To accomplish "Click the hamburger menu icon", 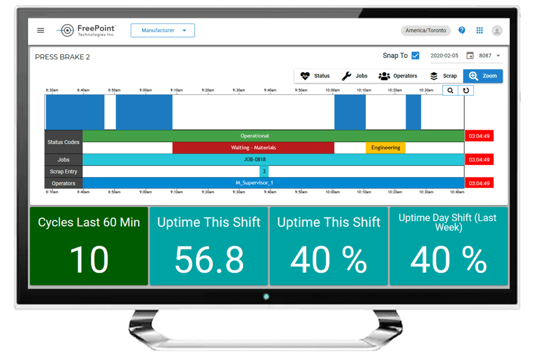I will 41,31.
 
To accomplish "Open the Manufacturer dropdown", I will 163,31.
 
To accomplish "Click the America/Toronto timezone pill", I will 426,31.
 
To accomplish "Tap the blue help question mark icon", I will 461,31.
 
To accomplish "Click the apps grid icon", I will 479,31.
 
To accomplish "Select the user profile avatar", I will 497,31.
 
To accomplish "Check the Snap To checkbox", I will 415,56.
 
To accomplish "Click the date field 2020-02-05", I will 445,56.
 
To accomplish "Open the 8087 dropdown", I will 489,56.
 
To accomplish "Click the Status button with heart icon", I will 315,76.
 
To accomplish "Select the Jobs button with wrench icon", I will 355,76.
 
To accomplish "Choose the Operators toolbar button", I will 398,76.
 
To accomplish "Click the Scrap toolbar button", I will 443,76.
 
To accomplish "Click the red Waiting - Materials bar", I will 253,148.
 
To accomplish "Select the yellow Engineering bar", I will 385,148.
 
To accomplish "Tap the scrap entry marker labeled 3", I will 264,172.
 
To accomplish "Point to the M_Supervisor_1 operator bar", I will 254,183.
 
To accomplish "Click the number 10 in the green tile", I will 88,259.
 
